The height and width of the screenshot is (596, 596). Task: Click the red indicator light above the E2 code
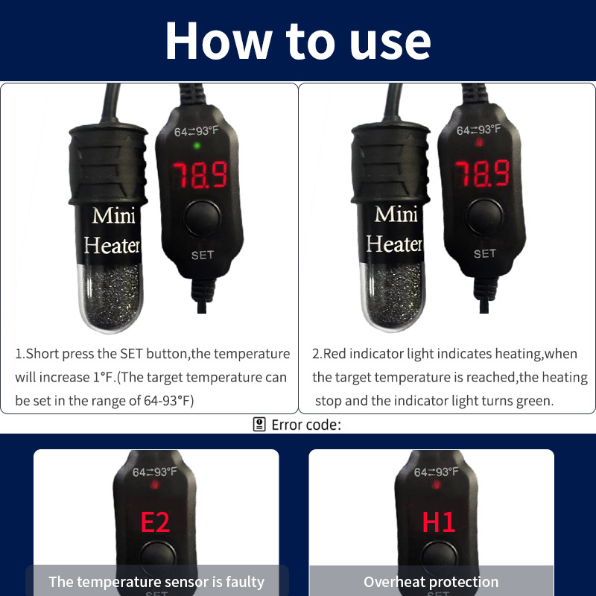tap(155, 486)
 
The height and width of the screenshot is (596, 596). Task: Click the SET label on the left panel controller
tap(202, 255)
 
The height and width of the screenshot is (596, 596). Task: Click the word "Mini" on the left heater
tap(113, 216)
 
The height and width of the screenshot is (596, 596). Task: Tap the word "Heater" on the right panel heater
tap(394, 244)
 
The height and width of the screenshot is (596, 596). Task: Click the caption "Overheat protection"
tap(431, 582)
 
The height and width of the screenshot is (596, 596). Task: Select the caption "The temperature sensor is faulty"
tap(156, 582)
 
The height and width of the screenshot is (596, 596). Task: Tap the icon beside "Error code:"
tap(259, 425)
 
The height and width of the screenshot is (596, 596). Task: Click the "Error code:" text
tap(306, 425)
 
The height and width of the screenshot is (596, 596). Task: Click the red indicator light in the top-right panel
tap(479, 142)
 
